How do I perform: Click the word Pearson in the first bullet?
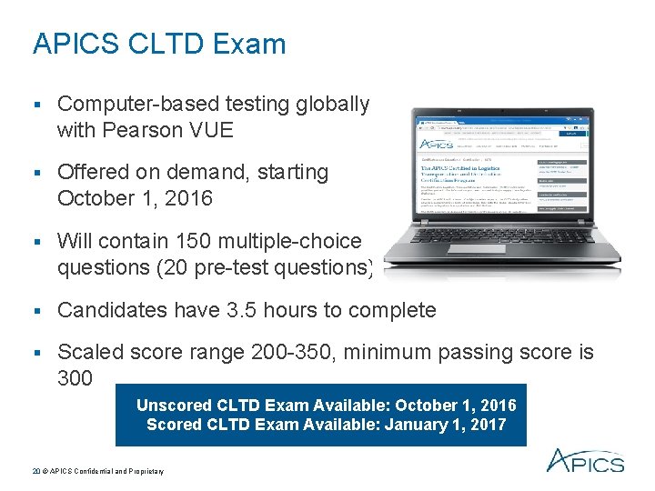pos(142,130)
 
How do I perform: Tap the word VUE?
pos(208,130)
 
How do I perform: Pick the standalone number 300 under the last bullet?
pos(75,377)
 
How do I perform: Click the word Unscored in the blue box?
pos(176,406)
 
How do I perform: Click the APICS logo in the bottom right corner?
pos(584,461)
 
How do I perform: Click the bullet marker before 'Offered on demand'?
pos(37,172)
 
